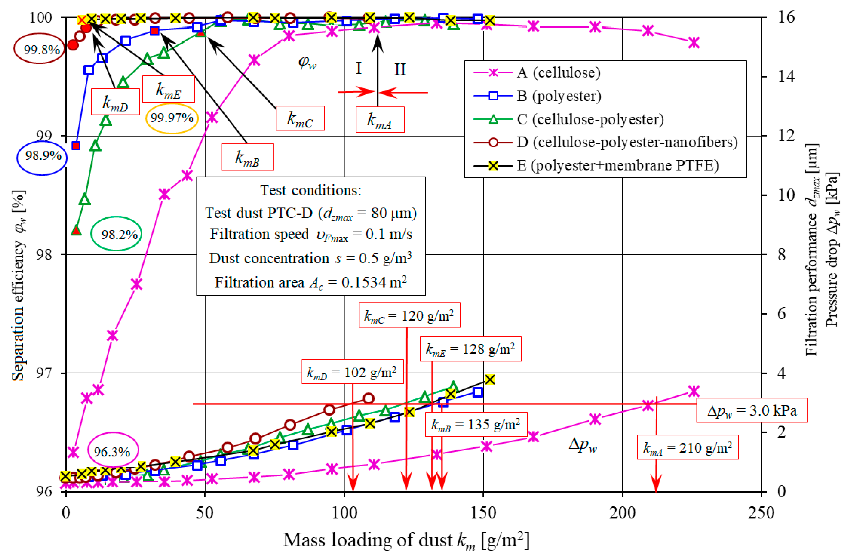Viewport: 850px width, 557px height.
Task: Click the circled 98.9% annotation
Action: tap(42, 156)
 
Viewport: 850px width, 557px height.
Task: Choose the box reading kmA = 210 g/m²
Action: tap(688, 448)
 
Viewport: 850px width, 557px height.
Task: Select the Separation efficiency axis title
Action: tap(19, 286)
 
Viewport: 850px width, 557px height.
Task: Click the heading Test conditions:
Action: tap(311, 190)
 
